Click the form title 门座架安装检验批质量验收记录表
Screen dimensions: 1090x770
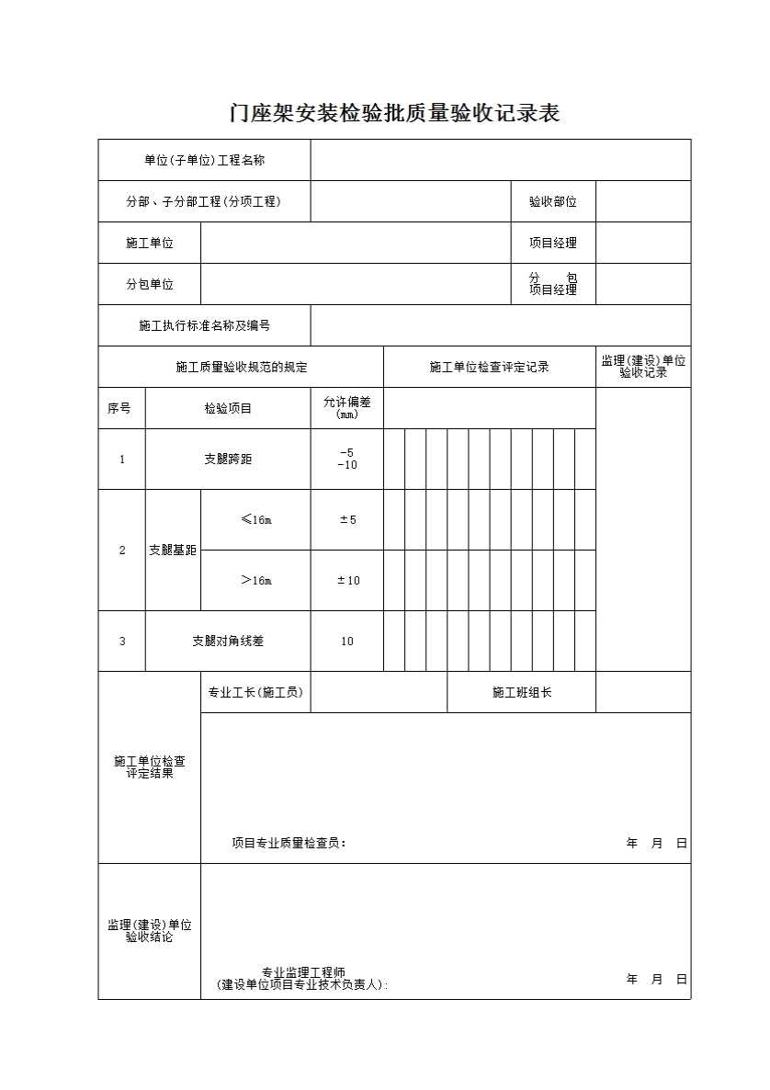pyautogui.click(x=394, y=113)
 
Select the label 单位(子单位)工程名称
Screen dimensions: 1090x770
pyautogui.click(x=204, y=160)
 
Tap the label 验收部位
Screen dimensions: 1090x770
pyautogui.click(x=552, y=201)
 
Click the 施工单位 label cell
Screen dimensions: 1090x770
pyautogui.click(x=150, y=243)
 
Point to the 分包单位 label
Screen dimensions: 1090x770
pyautogui.click(x=150, y=284)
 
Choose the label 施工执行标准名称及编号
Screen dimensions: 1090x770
pyautogui.click(x=204, y=325)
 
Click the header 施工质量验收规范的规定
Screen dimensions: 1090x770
pyautogui.click(x=241, y=367)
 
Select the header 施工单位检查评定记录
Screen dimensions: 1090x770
pyautogui.click(x=489, y=367)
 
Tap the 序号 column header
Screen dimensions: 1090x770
pyautogui.click(x=120, y=408)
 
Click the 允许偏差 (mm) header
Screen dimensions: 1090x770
pyautogui.click(x=346, y=407)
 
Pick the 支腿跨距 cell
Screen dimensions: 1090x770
pyautogui.click(x=228, y=459)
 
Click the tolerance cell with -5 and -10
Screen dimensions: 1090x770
pyautogui.click(x=346, y=459)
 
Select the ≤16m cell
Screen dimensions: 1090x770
pyautogui.click(x=255, y=519)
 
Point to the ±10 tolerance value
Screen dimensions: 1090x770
pyautogui.click(x=347, y=580)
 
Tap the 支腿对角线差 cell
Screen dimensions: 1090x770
pyautogui.click(x=228, y=641)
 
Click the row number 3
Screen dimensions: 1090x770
pyautogui.click(x=122, y=641)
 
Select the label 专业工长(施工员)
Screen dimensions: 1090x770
pyautogui.click(x=255, y=692)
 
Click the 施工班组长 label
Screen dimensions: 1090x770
pyautogui.click(x=521, y=692)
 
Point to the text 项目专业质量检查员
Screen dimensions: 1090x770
pyautogui.click(x=289, y=843)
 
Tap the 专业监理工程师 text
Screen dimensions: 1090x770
pyautogui.click(x=303, y=972)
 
